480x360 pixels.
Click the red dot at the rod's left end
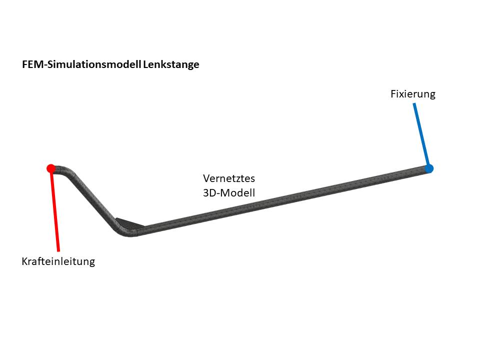tap(50, 168)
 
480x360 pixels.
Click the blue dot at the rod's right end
tap(428, 168)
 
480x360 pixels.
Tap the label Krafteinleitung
tap(58, 261)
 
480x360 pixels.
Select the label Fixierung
tap(412, 94)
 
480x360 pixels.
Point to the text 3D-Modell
tap(229, 192)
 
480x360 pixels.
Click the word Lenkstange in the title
tap(171, 64)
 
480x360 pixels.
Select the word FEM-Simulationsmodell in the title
tap(82, 64)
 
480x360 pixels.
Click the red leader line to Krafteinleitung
tap(54, 210)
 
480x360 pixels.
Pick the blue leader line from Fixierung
tap(421, 135)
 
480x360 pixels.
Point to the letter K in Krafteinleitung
tap(24, 261)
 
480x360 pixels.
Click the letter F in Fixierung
tap(393, 94)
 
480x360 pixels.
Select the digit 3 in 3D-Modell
tap(205, 192)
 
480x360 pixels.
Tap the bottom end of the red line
tap(58, 249)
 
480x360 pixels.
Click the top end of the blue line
tap(414, 104)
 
